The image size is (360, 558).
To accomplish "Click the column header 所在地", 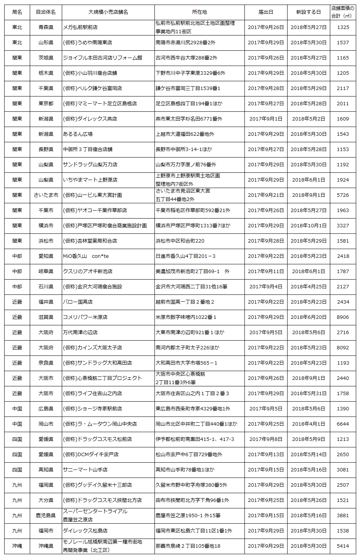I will click(x=199, y=12).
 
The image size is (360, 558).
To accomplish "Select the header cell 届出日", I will click(x=266, y=12).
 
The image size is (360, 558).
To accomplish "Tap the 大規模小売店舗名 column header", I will click(x=108, y=12).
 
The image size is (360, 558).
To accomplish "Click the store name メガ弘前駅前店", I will click(x=80, y=27).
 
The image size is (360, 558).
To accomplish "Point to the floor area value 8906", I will click(x=343, y=317).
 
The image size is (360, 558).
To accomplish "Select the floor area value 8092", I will click(x=343, y=348).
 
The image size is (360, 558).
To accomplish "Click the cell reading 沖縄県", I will click(x=46, y=546).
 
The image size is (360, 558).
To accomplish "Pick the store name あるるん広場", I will click(x=78, y=134).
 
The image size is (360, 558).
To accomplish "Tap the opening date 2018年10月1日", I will click(x=309, y=226).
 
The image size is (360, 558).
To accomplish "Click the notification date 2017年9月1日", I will click(x=266, y=119).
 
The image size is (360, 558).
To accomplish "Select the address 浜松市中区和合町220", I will click(x=180, y=241).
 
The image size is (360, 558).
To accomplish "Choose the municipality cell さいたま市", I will click(x=46, y=195).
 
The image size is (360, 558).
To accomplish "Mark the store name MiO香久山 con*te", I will click(x=86, y=256).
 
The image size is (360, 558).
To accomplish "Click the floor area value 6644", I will click(x=343, y=424).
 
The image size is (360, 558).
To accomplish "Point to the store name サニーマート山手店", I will click(x=85, y=470).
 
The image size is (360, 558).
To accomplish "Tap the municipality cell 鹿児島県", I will click(x=46, y=516).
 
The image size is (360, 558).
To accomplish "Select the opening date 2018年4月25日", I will click(x=309, y=287).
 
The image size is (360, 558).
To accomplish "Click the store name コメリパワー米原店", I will click(x=85, y=317).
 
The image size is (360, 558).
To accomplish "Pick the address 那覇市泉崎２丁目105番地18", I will click(x=188, y=546).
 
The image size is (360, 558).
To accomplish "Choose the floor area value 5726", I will click(x=343, y=195).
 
